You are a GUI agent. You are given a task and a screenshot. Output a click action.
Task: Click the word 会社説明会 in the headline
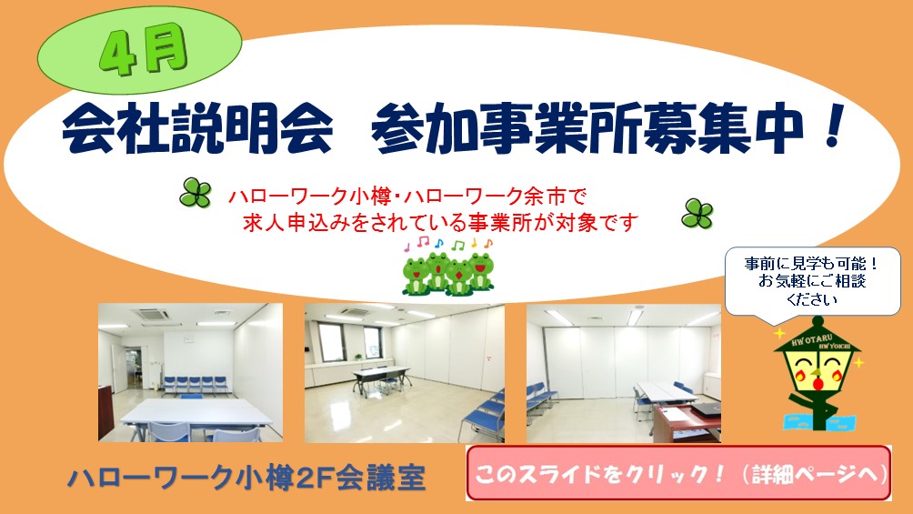[196, 131]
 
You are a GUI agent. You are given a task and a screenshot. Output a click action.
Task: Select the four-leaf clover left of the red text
[195, 192]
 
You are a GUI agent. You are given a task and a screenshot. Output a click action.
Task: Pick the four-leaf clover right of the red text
[697, 214]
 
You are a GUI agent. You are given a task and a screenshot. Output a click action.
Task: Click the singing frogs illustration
[447, 271]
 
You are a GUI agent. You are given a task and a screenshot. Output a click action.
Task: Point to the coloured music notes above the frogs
[453, 244]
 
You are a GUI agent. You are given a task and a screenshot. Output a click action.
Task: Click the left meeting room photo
[190, 372]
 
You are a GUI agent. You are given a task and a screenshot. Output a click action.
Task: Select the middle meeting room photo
[404, 373]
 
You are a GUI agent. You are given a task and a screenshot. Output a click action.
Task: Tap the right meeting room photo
[623, 373]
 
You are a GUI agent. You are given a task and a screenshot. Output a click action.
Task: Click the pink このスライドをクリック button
[677, 473]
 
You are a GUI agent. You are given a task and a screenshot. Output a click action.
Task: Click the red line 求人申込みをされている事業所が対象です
[441, 221]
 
